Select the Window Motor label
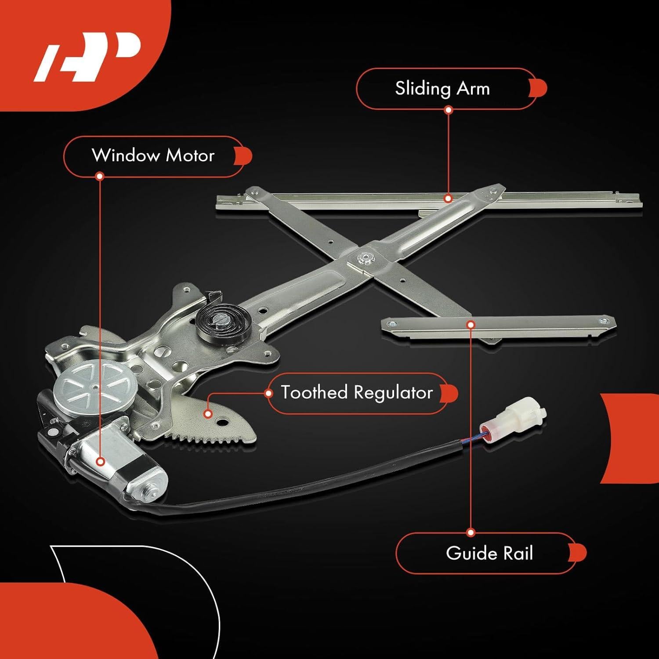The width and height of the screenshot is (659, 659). [x=153, y=156]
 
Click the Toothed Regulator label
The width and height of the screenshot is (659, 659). [x=357, y=393]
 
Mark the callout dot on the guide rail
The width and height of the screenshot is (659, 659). [x=471, y=325]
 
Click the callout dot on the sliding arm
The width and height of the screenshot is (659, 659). [x=448, y=199]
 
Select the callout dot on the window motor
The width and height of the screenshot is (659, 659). [x=100, y=462]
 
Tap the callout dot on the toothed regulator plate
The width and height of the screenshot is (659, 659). [x=208, y=413]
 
